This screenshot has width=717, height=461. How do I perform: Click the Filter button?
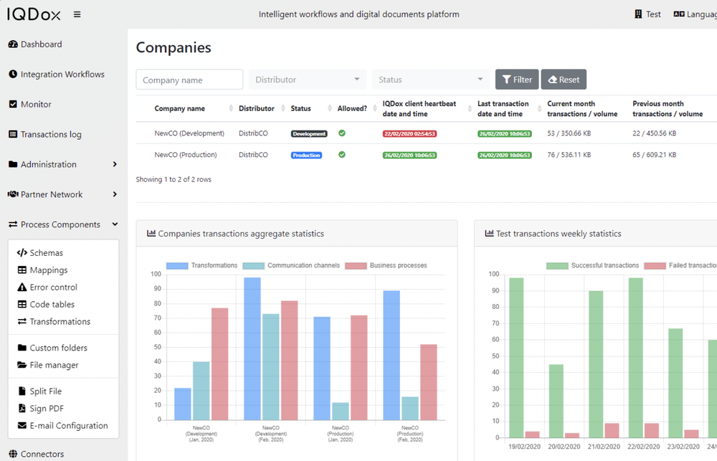point(516,80)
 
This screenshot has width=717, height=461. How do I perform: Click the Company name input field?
point(189,80)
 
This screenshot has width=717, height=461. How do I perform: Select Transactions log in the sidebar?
point(50,134)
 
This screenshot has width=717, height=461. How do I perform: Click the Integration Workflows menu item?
point(62,74)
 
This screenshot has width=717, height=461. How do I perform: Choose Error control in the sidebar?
point(53,287)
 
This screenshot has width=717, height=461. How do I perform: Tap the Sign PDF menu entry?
point(47,409)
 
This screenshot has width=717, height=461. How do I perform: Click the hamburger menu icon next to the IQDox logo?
point(77,14)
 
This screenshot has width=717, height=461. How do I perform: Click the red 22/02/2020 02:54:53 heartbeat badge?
point(409,134)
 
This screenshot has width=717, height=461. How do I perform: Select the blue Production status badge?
point(306,155)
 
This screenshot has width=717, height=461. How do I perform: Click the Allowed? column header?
point(352,109)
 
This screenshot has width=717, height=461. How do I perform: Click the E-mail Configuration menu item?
point(68,426)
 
